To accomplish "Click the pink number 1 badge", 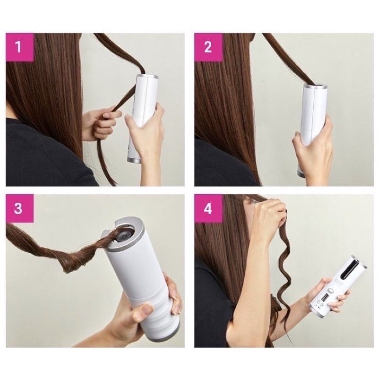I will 19,47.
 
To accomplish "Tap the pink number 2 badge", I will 208,47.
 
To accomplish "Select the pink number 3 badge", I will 19,208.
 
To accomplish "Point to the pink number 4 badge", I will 208,208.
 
